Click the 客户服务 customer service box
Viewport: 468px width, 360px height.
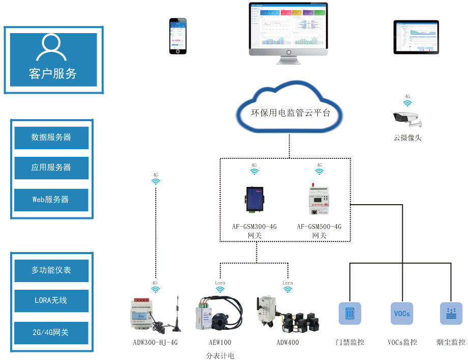(x=53, y=60)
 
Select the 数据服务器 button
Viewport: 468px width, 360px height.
(x=51, y=137)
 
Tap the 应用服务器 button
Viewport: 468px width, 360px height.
(x=51, y=168)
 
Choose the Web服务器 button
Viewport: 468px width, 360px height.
(x=51, y=200)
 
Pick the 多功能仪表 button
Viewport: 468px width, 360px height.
(x=51, y=270)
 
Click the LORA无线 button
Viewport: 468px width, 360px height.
(x=51, y=301)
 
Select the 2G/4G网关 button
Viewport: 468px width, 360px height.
(x=51, y=333)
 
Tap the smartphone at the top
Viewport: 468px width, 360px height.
(x=178, y=36)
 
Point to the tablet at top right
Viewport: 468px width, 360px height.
(x=416, y=37)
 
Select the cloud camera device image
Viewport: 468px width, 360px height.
(x=407, y=118)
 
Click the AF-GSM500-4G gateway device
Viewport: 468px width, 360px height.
(x=319, y=200)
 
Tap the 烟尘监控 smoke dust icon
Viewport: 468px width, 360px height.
(x=451, y=313)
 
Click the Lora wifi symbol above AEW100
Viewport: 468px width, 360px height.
(x=220, y=289)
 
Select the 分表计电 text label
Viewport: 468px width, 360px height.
(x=220, y=355)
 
